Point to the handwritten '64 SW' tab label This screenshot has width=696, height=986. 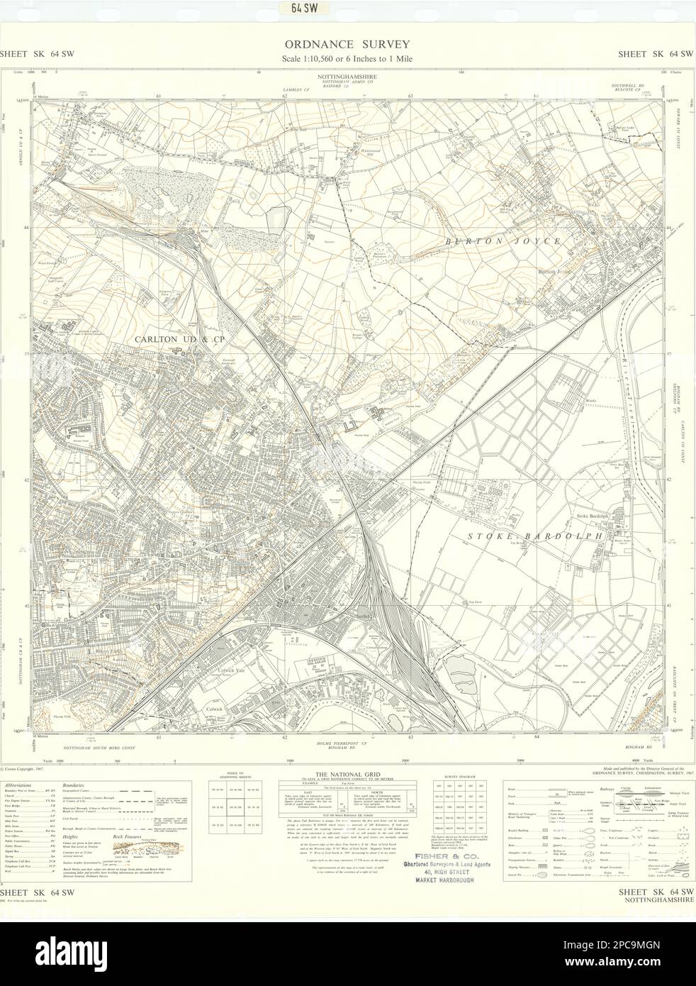[x=348, y=9]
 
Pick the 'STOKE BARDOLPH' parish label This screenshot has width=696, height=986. [x=544, y=537]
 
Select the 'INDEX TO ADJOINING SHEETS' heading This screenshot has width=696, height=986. [x=233, y=776]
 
